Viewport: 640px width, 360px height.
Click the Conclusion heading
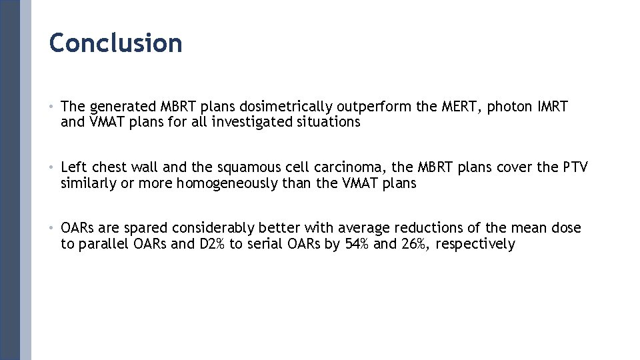click(115, 43)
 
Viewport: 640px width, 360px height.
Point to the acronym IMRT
click(552, 107)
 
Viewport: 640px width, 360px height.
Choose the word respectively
click(475, 245)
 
